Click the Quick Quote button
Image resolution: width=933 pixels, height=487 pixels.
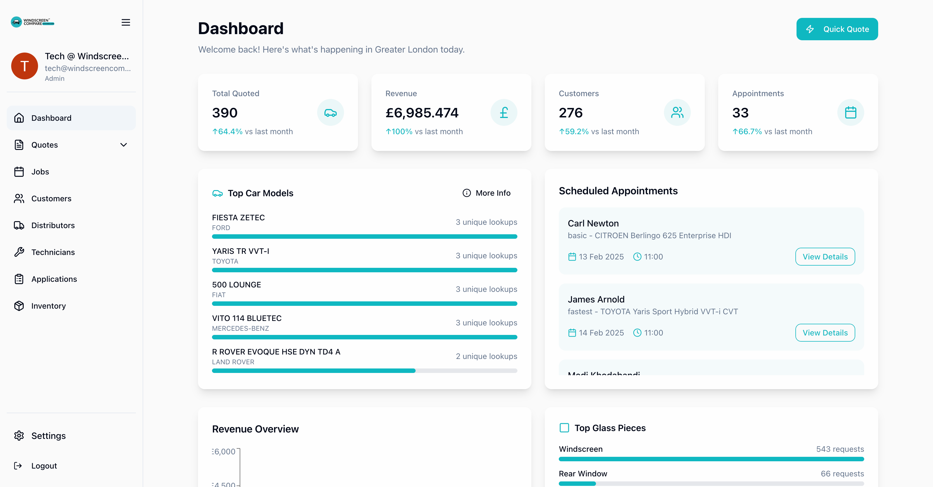pos(837,29)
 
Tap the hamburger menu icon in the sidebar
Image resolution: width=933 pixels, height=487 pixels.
pos(126,22)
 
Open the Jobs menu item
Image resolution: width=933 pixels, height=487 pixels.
pos(40,172)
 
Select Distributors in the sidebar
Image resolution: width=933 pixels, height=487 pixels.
pos(53,225)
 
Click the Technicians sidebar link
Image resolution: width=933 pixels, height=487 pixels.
pos(53,252)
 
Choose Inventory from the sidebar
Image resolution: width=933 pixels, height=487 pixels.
pos(48,306)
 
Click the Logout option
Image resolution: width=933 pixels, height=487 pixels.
pos(44,466)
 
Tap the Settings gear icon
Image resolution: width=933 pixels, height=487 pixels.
pos(19,436)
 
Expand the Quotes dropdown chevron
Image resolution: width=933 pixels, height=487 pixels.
pos(124,145)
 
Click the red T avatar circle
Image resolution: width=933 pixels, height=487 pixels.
pos(25,66)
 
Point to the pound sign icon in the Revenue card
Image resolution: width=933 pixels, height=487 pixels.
pos(503,113)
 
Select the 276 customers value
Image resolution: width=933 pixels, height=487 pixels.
pos(571,113)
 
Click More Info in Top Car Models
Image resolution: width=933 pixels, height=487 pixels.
pos(486,193)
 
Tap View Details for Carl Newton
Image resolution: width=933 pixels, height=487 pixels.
pos(825,257)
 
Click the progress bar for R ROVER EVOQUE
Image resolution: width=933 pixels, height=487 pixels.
pos(364,370)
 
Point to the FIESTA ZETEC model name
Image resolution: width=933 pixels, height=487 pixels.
pos(238,218)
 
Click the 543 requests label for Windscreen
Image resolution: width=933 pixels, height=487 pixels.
pos(840,449)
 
